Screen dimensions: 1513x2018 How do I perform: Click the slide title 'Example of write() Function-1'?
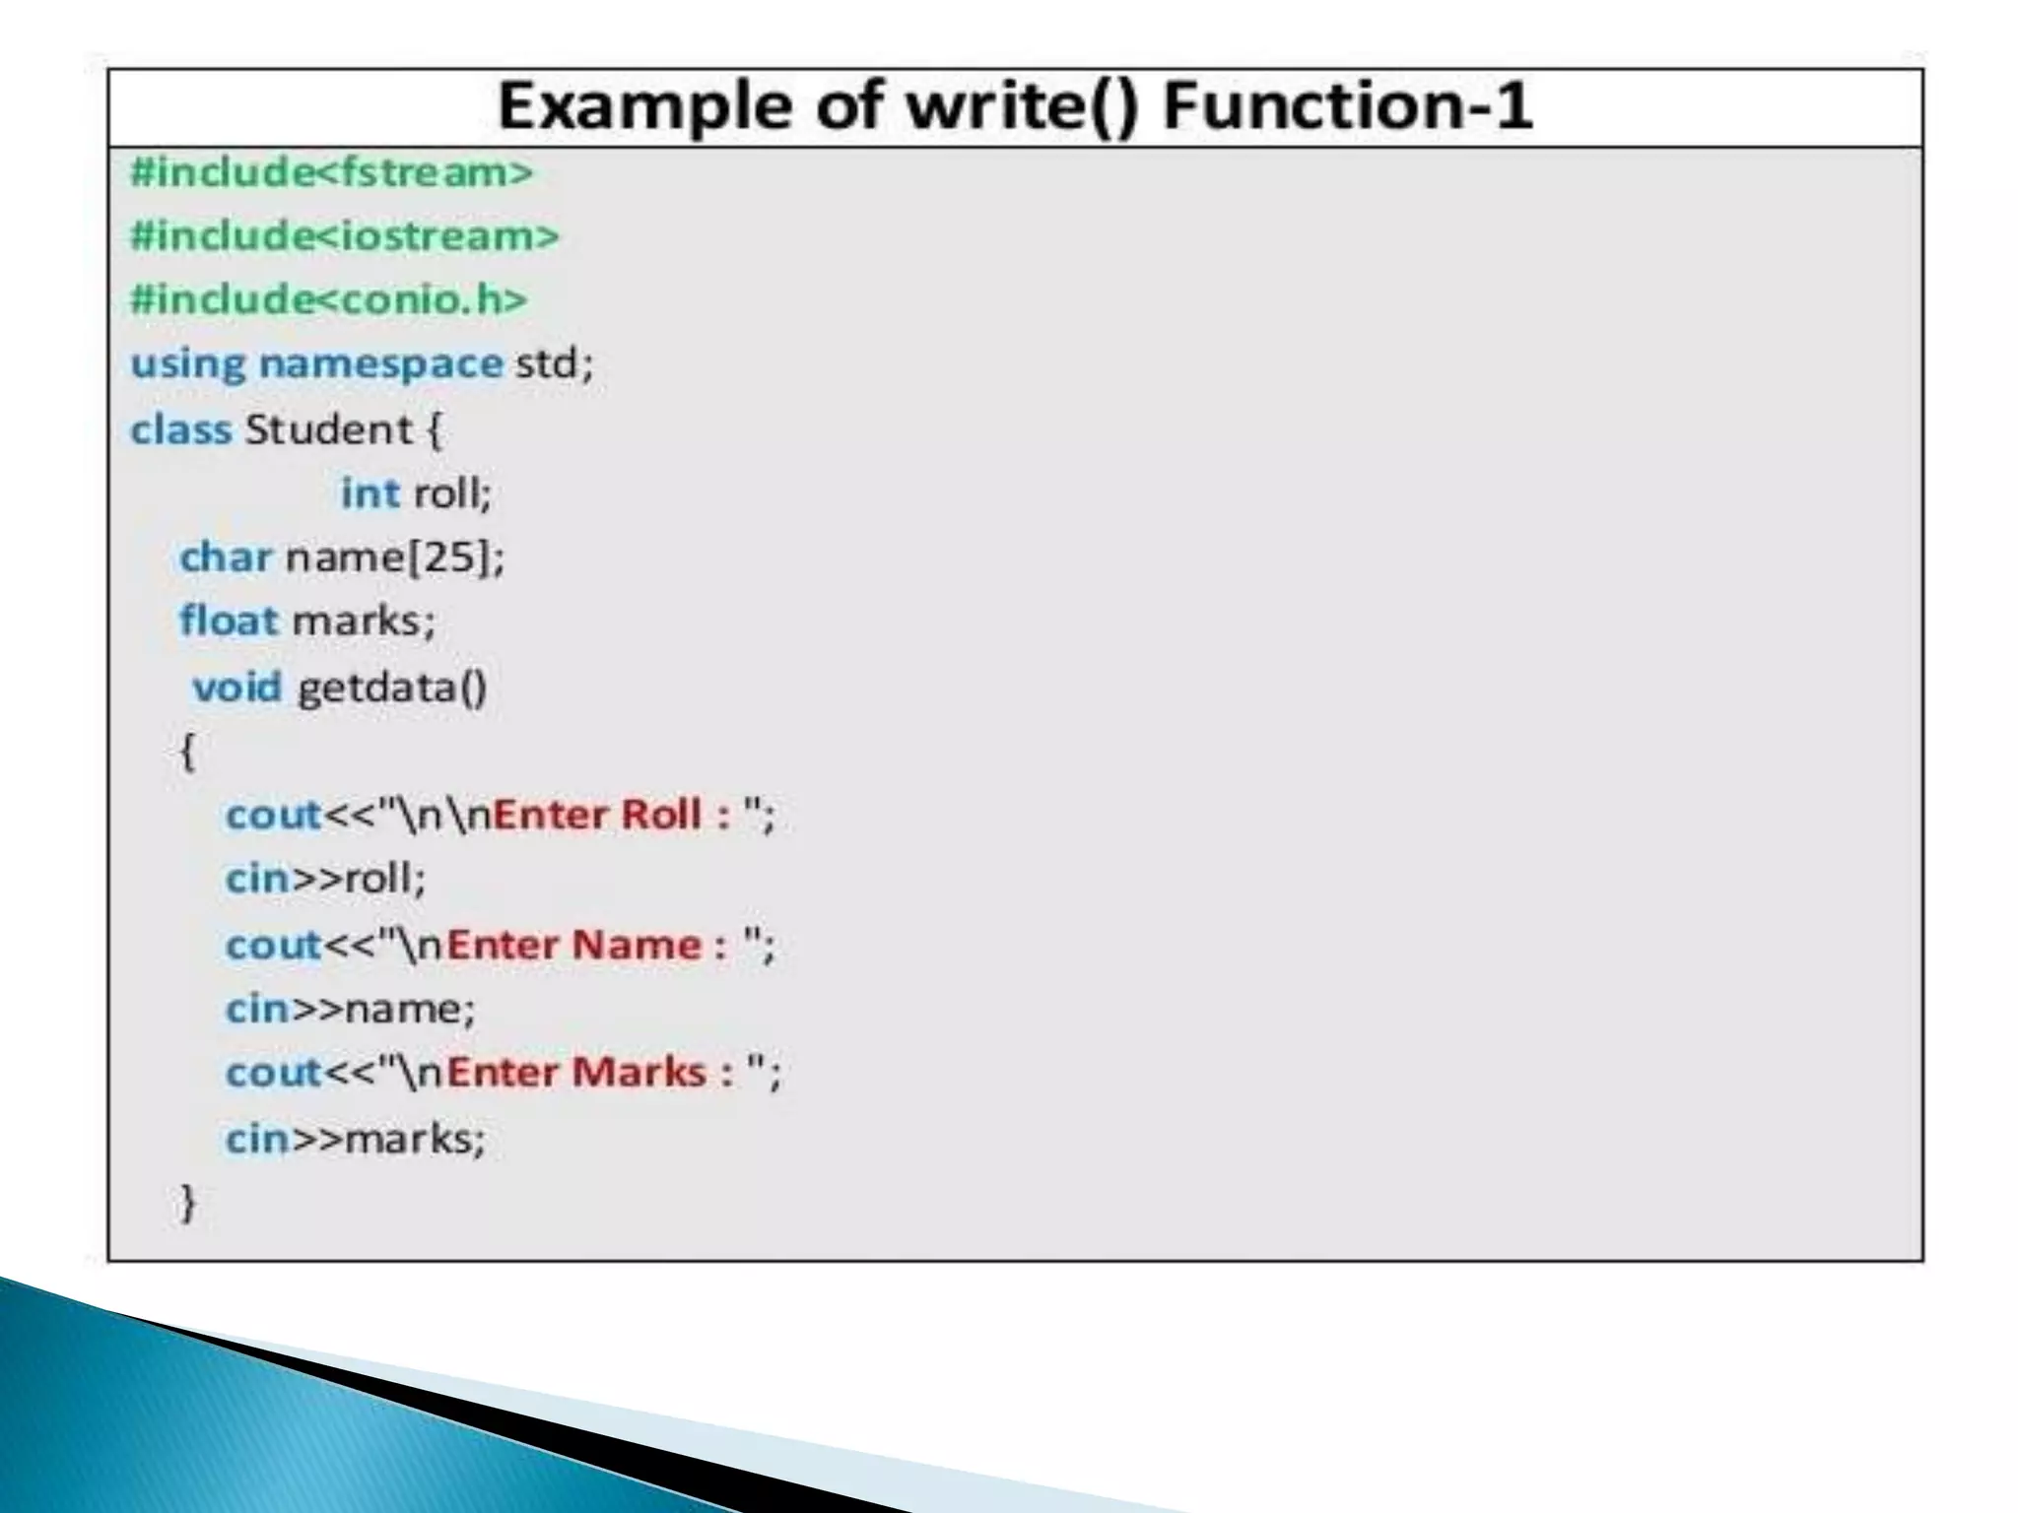coord(1015,106)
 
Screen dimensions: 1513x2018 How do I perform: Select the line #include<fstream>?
coord(332,172)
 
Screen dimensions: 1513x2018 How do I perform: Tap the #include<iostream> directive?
coord(345,236)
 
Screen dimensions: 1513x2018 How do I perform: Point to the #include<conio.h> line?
coord(329,299)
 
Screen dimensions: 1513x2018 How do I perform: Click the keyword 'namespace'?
coord(380,364)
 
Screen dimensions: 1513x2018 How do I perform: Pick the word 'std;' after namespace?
coord(555,364)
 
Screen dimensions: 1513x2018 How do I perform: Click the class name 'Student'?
coord(328,429)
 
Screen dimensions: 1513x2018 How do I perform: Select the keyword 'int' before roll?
coord(370,493)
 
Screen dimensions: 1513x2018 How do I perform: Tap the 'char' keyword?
coord(226,558)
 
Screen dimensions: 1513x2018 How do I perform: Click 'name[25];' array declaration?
coord(395,558)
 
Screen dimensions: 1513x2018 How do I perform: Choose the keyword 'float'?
coord(229,621)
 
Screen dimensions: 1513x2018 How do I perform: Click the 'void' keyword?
coord(237,687)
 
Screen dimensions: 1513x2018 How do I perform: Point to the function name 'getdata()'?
coord(392,687)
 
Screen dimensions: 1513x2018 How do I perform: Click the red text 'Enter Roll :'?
coord(612,815)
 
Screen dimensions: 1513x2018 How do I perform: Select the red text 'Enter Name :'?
coord(586,945)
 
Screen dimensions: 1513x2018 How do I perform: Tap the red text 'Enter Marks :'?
coord(590,1073)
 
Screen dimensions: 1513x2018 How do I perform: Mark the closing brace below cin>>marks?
coord(187,1203)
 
